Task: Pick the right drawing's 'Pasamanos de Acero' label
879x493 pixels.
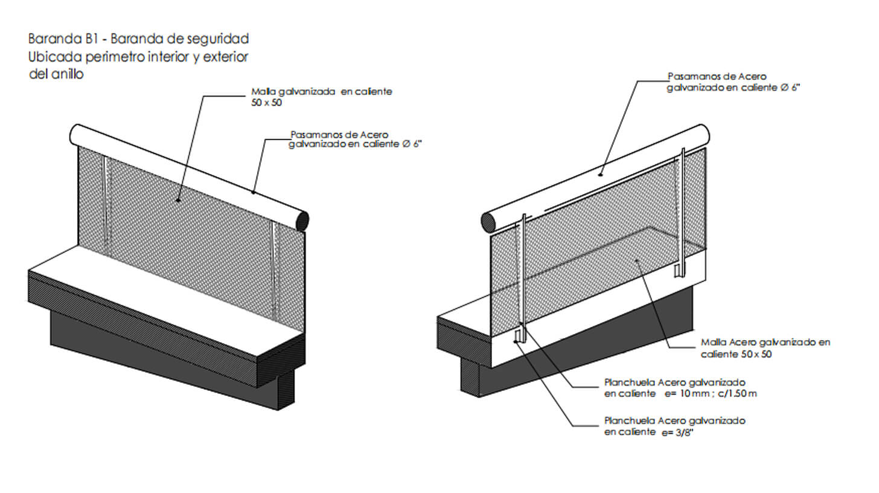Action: point(717,77)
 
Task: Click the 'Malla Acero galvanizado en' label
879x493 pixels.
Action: point(766,343)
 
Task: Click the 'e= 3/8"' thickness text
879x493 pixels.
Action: point(677,433)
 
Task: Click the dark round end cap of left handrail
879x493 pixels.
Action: point(302,221)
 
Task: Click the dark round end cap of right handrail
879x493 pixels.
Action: point(488,222)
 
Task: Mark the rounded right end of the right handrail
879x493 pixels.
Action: point(703,134)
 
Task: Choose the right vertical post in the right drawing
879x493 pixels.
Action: point(682,211)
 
